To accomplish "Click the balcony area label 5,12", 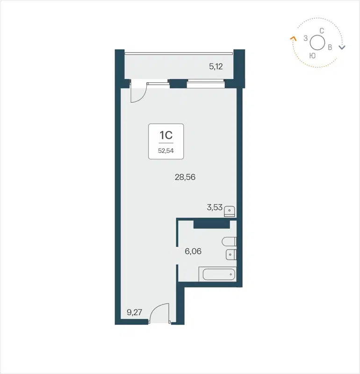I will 216,66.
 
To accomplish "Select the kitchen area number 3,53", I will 215,207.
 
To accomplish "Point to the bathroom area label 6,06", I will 193,252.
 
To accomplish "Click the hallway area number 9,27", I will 135,312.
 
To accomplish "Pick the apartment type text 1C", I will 166,136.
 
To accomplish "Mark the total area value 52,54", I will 166,151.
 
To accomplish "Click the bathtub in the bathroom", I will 217,274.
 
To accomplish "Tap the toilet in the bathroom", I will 230,242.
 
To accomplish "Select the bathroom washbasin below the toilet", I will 231,255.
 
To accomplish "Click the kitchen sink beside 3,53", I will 229,211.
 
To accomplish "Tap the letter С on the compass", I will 322,31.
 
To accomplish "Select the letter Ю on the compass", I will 312,55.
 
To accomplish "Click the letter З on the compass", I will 305,38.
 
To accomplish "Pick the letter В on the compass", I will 330,47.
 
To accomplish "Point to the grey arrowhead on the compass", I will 342,47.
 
